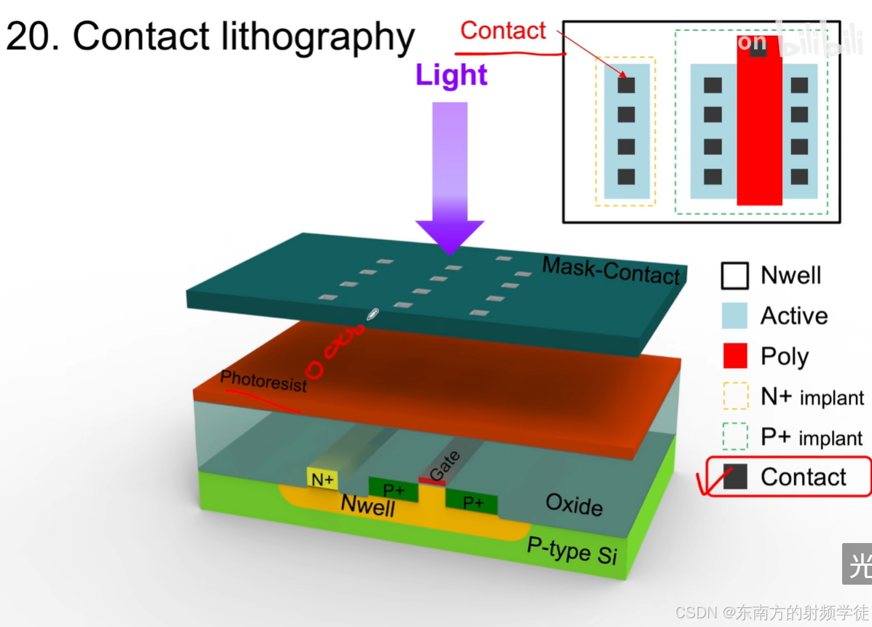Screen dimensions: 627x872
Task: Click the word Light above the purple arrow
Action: (451, 76)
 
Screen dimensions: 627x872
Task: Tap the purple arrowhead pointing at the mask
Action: (450, 234)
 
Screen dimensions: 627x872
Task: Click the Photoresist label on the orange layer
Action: (263, 382)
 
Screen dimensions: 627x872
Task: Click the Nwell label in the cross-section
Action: (368, 504)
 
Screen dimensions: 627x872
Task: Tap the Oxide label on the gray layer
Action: (574, 504)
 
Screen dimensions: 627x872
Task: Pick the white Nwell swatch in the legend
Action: (735, 276)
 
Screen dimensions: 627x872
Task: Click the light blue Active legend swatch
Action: (735, 316)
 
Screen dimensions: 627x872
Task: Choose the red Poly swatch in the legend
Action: (735, 356)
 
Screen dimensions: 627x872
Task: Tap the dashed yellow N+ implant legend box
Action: (735, 396)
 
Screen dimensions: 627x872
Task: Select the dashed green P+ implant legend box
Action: (735, 436)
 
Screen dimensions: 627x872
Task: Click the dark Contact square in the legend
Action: (735, 477)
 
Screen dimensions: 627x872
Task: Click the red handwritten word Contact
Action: (503, 31)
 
